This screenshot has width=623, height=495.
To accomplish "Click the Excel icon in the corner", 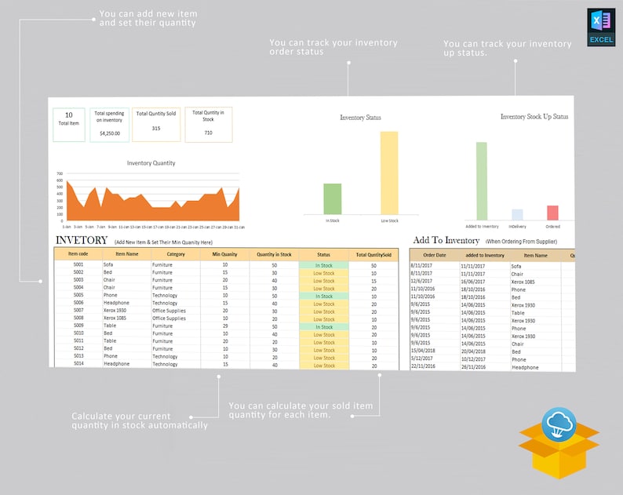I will coord(601,27).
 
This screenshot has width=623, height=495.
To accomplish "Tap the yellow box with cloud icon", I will coord(559,442).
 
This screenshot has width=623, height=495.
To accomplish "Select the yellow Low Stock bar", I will coord(389,173).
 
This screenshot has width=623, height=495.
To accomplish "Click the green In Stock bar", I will coord(333,198).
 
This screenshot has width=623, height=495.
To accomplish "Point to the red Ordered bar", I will coord(552,213).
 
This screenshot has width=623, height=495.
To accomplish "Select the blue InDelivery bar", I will coord(516,214).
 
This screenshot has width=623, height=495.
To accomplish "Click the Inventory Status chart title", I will coord(360,118).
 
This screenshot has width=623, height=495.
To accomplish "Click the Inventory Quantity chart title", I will coord(151,163).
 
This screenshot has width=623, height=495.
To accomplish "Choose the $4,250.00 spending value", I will coord(109,133).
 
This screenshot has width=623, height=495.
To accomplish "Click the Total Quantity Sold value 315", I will coord(156,129).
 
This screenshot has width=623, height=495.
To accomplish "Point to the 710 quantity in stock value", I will coord(208,133).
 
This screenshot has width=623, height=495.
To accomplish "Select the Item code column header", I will coord(78,254).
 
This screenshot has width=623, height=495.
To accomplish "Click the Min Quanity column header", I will coord(224,254).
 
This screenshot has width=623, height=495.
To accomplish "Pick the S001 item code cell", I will coord(78,265).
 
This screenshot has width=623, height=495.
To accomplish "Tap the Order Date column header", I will coord(434,255).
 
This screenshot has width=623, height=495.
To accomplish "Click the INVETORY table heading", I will coord(81,240).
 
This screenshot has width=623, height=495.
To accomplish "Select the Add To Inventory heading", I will coord(446,240).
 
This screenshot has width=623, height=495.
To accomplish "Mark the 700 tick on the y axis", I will coord(60,173).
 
